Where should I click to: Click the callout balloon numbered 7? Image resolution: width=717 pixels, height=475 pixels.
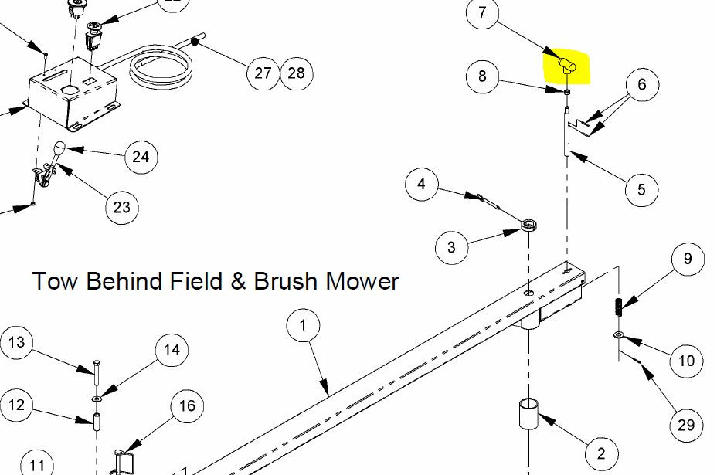coord(482,12)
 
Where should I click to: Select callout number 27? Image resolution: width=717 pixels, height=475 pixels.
coord(263,73)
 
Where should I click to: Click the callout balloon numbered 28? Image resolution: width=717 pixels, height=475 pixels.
coord(297,73)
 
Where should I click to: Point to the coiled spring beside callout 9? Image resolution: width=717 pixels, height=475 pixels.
coord(618,307)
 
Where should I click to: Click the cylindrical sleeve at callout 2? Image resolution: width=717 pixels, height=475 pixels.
coord(528,414)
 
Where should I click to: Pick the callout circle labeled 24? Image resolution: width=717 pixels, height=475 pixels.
coord(141,157)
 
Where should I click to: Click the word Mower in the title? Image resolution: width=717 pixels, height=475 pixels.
coord(362,280)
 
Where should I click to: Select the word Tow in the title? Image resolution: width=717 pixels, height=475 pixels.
coord(54,280)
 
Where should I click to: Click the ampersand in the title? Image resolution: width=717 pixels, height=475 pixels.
coord(238,281)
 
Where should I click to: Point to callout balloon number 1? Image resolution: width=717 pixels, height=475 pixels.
coord(303,325)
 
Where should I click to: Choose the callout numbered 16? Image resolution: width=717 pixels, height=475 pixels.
coord(187,406)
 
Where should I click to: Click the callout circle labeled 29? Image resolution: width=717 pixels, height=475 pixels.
coord(686,425)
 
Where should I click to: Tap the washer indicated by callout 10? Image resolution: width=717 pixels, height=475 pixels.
coord(619,335)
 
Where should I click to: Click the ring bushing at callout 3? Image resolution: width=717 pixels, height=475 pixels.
coord(529,225)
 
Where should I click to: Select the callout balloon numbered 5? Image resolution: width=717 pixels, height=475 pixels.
coord(641,189)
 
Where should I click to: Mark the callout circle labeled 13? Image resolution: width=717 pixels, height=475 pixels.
coord(16,342)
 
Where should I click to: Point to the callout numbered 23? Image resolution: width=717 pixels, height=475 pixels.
coord(121,208)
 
